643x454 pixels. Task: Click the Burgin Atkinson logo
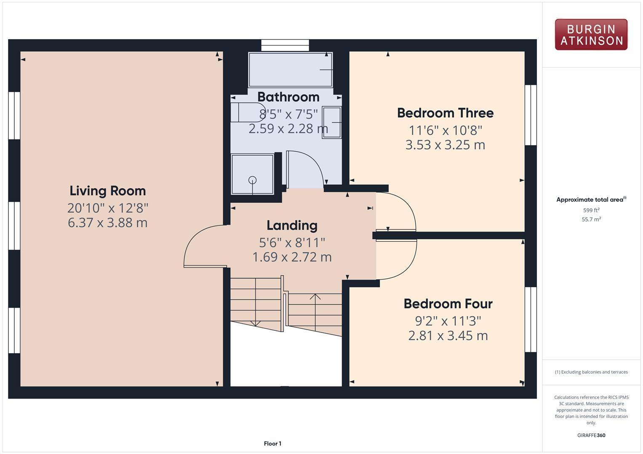coord(591,35)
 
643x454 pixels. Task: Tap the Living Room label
coord(108,191)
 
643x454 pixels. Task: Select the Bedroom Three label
coord(445,113)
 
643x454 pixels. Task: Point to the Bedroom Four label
coord(448,304)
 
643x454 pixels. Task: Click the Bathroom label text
coord(288,97)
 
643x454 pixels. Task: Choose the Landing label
coord(292,225)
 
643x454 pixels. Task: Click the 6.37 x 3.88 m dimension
coord(108,222)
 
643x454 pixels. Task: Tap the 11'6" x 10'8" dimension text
coord(445,130)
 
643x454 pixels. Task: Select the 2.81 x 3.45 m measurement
coord(448,335)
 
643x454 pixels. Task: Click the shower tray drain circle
coord(252,180)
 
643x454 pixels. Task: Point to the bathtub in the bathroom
coord(290,70)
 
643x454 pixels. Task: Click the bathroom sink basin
coord(331,122)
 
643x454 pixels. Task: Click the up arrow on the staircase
coord(315,297)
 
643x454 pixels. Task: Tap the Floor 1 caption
coord(272,443)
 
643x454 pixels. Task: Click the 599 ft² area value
coord(591,210)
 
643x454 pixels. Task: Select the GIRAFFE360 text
coord(591,435)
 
